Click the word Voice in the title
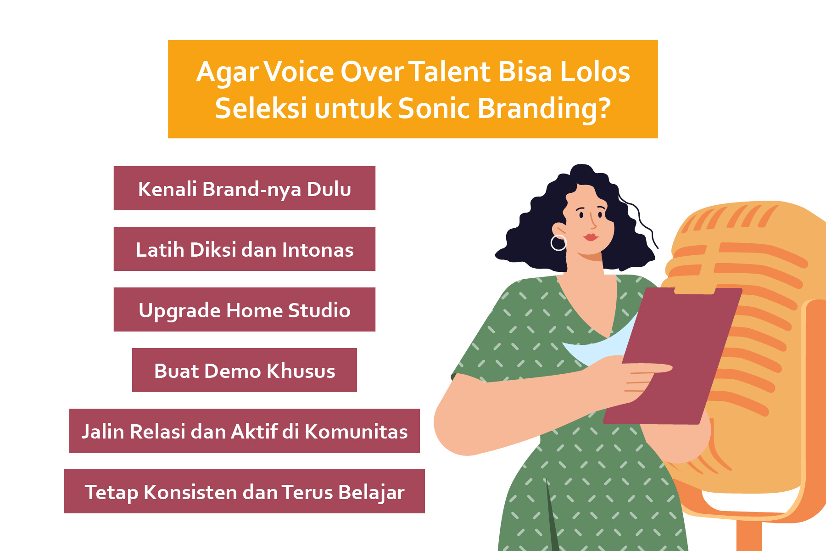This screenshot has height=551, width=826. pyautogui.click(x=298, y=72)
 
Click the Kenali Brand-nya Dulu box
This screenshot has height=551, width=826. pyautogui.click(x=245, y=188)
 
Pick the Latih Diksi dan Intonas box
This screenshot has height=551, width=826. pyautogui.click(x=245, y=249)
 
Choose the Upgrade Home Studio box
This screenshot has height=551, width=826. pyautogui.click(x=245, y=309)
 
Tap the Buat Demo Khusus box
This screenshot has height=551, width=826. pyautogui.click(x=245, y=370)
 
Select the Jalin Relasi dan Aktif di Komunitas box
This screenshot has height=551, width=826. pyautogui.click(x=245, y=431)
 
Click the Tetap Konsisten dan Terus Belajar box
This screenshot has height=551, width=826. pyautogui.click(x=245, y=491)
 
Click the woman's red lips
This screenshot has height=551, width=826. pyautogui.click(x=591, y=237)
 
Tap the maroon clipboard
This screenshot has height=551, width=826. pyautogui.click(x=673, y=356)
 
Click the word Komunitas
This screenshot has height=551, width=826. pyautogui.click(x=356, y=432)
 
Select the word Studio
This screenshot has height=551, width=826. pyautogui.click(x=319, y=310)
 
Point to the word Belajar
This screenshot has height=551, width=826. pyautogui.click(x=371, y=492)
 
